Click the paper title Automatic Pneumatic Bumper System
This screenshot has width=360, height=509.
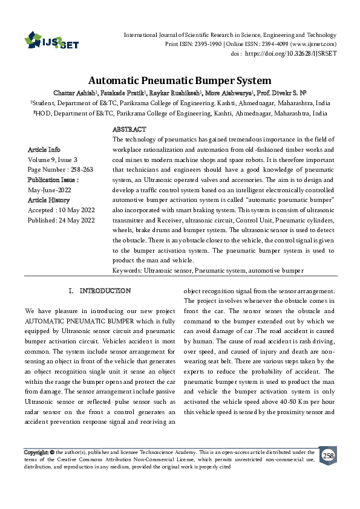(180, 80)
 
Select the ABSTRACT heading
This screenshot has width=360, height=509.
(129, 130)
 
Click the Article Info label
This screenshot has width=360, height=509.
(44, 149)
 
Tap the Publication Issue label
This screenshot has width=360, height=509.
(53, 180)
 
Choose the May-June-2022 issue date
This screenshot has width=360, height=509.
(49, 190)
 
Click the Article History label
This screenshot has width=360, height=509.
(49, 199)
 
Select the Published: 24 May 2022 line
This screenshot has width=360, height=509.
(61, 220)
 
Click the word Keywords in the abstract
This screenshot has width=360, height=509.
(127, 270)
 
